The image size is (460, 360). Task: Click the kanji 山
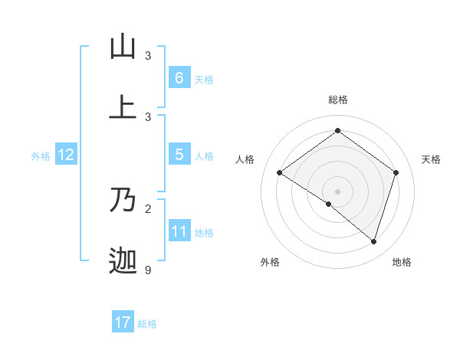coord(123,47)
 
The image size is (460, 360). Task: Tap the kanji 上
coord(123,108)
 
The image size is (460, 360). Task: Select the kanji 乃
coord(123,200)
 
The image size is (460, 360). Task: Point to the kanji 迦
coord(123,261)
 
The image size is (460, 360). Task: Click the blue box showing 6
coord(179,78)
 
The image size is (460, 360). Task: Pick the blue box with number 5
coord(179,155)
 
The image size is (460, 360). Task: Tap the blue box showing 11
coord(179,231)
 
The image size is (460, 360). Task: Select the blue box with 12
coord(65,155)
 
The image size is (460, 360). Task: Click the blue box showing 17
coord(123,322)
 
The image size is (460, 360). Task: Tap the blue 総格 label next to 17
coord(147,324)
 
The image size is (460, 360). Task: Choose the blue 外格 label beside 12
coord(41,156)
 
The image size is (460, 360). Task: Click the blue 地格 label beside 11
coord(204,233)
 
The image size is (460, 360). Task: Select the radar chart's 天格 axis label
coord(431,159)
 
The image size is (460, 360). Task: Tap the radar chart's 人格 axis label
coord(245,159)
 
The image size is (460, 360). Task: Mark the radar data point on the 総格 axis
coord(337,131)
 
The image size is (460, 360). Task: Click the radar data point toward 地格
coord(373,241)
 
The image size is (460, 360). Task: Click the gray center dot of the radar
coord(337,191)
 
